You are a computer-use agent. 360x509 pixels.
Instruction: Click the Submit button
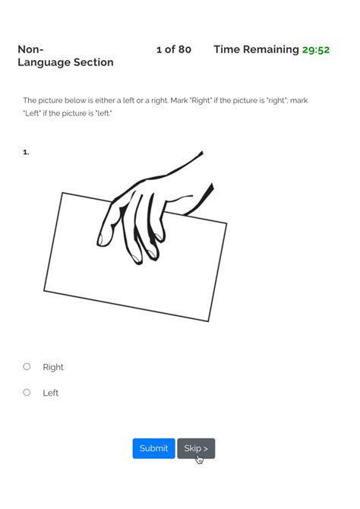tap(153, 448)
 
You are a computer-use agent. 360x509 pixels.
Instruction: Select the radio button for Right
tap(27, 366)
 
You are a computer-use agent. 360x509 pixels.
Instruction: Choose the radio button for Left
tap(27, 392)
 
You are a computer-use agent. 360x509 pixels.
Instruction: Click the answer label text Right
tap(53, 367)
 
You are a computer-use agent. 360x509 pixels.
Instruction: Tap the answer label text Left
tap(50, 393)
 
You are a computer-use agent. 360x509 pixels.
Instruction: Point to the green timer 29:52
tap(315, 49)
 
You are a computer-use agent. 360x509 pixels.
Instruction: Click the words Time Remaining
tap(256, 49)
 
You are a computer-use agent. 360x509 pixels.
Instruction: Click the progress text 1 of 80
tap(173, 49)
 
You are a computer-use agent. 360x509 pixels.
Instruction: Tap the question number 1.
tap(26, 152)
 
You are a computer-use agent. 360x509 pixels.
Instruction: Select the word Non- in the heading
tap(30, 49)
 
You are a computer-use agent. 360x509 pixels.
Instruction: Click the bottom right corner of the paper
tap(208, 321)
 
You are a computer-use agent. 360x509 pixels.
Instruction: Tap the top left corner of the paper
tap(62, 193)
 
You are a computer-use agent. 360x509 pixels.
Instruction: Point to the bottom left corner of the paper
tap(44, 290)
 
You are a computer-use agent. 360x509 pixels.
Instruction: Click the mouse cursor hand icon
tap(199, 459)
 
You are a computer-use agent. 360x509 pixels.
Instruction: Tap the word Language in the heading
tap(44, 62)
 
